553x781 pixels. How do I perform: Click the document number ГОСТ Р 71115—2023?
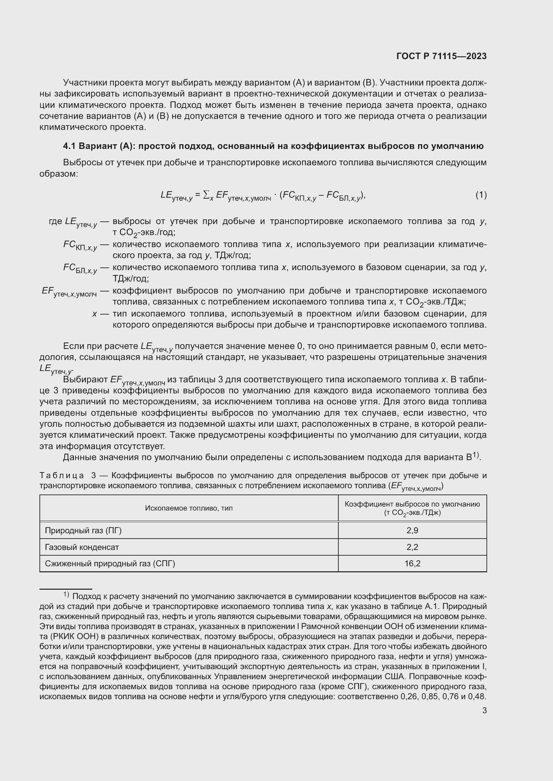pyautogui.click(x=441, y=56)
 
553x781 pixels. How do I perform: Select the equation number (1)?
pyautogui.click(x=481, y=195)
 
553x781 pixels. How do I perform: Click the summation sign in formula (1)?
pyautogui.click(x=206, y=195)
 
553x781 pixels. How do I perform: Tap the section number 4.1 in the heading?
pyautogui.click(x=70, y=146)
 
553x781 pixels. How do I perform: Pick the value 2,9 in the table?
pyautogui.click(x=412, y=530)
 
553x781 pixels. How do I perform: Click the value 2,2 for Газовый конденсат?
pyautogui.click(x=412, y=547)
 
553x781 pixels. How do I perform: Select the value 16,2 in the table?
pyautogui.click(x=412, y=564)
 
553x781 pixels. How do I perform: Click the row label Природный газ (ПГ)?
pyautogui.click(x=83, y=530)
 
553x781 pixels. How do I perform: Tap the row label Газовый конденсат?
pyautogui.click(x=82, y=547)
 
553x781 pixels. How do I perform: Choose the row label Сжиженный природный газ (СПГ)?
pyautogui.click(x=110, y=564)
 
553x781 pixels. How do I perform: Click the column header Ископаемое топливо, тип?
pyautogui.click(x=189, y=508)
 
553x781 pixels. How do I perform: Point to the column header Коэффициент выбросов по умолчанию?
pyautogui.click(x=412, y=504)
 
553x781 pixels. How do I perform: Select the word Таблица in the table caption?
pyautogui.click(x=62, y=475)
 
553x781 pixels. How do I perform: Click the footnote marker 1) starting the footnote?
pyautogui.click(x=66, y=595)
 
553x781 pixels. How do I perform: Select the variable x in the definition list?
pyautogui.click(x=94, y=314)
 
